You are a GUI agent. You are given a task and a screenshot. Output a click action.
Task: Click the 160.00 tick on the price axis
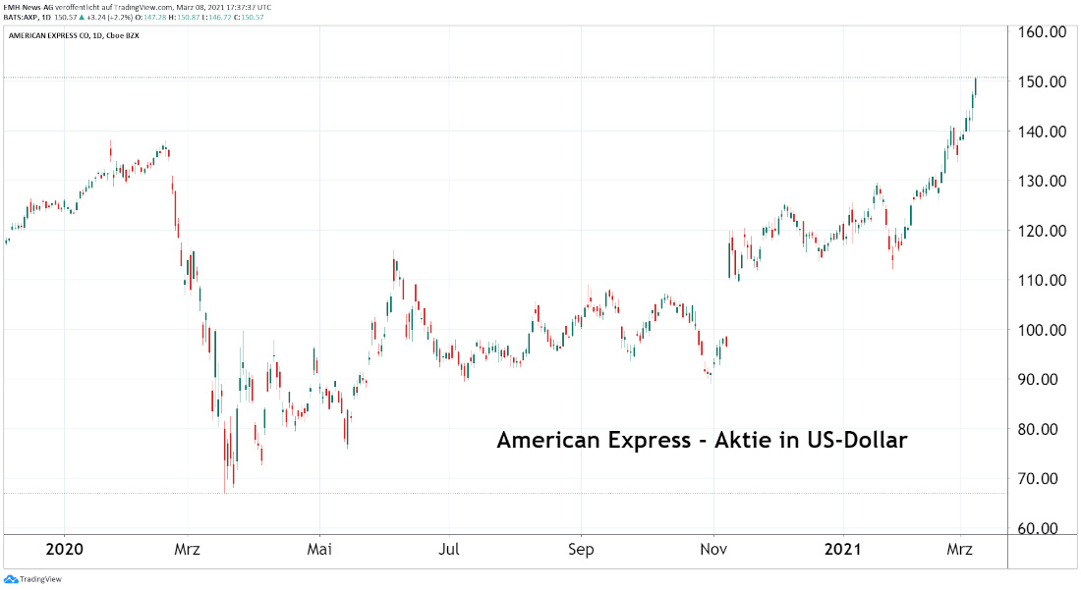tap(1045, 31)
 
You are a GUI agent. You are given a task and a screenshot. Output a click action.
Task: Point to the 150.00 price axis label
tap(1045, 81)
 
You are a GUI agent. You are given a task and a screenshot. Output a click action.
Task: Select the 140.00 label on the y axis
tap(1045, 132)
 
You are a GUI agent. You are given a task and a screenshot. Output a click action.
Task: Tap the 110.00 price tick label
tap(1045, 280)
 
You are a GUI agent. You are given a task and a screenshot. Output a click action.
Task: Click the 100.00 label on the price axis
tap(1045, 330)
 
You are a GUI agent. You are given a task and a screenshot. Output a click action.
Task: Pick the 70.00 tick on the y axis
tap(1045, 478)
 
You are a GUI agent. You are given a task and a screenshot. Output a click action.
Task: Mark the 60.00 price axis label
tap(1045, 528)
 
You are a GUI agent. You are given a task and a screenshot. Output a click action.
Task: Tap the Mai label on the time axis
tap(319, 550)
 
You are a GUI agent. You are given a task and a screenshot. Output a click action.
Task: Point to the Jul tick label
tap(449, 550)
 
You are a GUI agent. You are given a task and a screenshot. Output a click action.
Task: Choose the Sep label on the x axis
tap(581, 550)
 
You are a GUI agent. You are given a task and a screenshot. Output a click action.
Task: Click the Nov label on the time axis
tap(713, 550)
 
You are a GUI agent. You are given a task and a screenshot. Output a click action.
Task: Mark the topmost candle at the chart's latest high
tap(975, 85)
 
